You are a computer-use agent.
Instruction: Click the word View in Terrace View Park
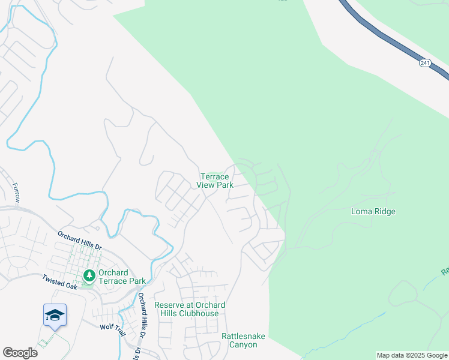[206, 185]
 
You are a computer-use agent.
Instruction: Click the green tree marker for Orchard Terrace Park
[89, 276]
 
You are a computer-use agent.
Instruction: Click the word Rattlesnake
[243, 336]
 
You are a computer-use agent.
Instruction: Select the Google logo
[20, 353]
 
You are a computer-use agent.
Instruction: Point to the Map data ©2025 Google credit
[411, 355]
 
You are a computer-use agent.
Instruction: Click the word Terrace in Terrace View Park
[214, 177]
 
